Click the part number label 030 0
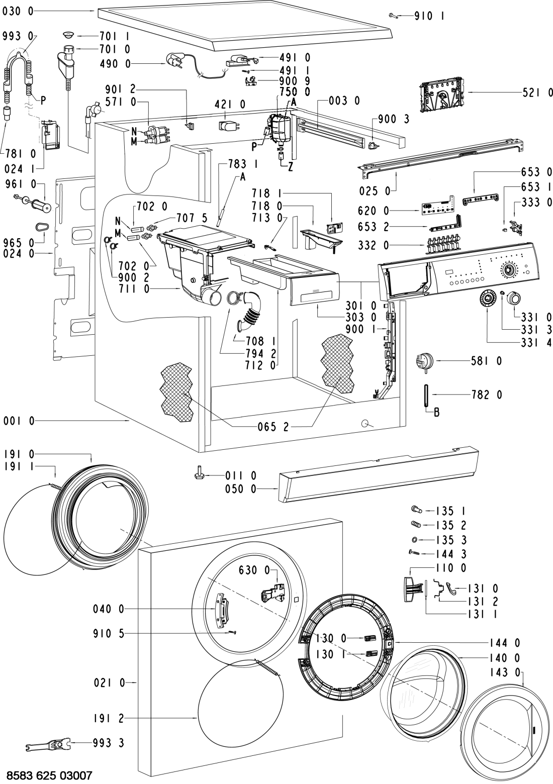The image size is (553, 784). coord(18,12)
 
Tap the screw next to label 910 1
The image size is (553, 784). coord(394,16)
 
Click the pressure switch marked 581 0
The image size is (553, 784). coord(424,361)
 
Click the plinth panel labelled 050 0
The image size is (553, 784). coord(377,474)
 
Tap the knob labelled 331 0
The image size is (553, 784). coord(514,299)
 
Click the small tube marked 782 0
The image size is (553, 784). coord(426,394)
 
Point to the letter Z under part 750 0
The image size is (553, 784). coord(291,168)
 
